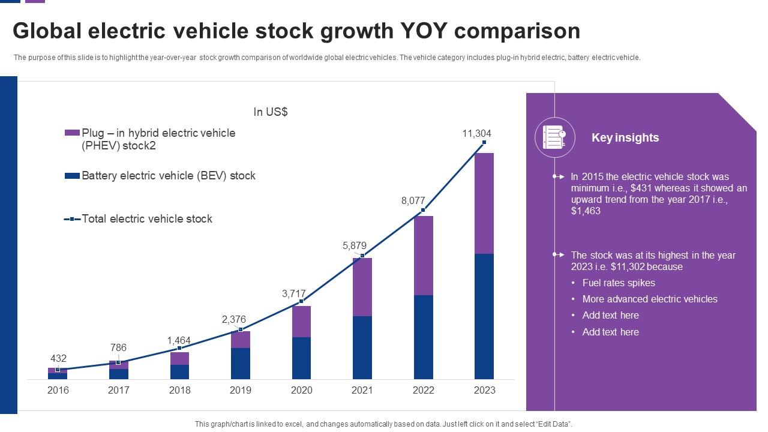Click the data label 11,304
pyautogui.click(x=476, y=134)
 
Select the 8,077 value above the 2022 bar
pyautogui.click(x=413, y=201)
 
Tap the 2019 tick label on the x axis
pyautogui.click(x=240, y=390)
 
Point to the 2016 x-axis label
pyautogui.click(x=58, y=390)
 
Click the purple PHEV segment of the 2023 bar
pyautogui.click(x=484, y=203)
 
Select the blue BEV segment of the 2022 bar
pyautogui.click(x=423, y=337)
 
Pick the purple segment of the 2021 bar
pyautogui.click(x=362, y=287)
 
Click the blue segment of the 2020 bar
pyautogui.click(x=301, y=358)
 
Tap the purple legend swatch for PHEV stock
pyautogui.click(x=72, y=133)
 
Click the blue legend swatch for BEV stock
pyautogui.click(x=72, y=176)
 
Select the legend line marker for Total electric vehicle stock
pyautogui.click(x=72, y=219)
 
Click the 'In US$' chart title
pyautogui.click(x=271, y=112)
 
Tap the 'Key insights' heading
pyautogui.click(x=625, y=137)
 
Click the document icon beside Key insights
pyautogui.click(x=554, y=137)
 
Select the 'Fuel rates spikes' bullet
pyautogui.click(x=619, y=283)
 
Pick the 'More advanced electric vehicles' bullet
pyautogui.click(x=650, y=299)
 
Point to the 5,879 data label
pyautogui.click(x=354, y=245)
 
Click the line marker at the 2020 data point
pyautogui.click(x=301, y=301)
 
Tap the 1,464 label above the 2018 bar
pyautogui.click(x=179, y=341)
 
